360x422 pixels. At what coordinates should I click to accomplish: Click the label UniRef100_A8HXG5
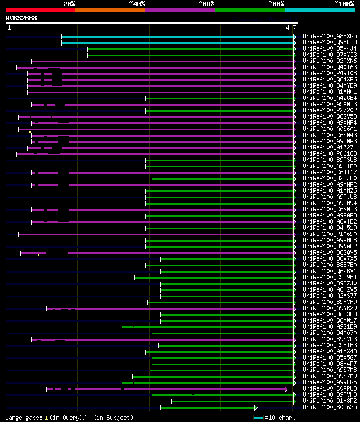coord(329,36)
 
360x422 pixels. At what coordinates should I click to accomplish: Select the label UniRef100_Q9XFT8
coord(329,42)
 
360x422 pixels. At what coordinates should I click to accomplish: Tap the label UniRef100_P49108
coord(329,73)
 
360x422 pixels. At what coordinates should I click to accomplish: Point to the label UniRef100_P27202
coord(329,110)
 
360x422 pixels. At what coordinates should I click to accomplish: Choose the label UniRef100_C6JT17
coord(329,172)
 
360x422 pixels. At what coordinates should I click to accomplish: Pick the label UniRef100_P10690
coord(329,234)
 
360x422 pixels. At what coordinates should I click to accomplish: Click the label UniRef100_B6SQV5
coord(329,252)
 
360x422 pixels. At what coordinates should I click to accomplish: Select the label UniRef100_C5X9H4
coord(329,277)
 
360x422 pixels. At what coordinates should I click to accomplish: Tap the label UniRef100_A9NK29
coord(329,308)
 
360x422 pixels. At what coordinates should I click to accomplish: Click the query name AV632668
coord(21,18)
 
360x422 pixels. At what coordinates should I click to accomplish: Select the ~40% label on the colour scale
coord(136,3)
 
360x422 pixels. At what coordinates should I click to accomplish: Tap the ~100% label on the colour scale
coord(344,3)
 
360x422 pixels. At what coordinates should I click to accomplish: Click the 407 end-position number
coord(291,28)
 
